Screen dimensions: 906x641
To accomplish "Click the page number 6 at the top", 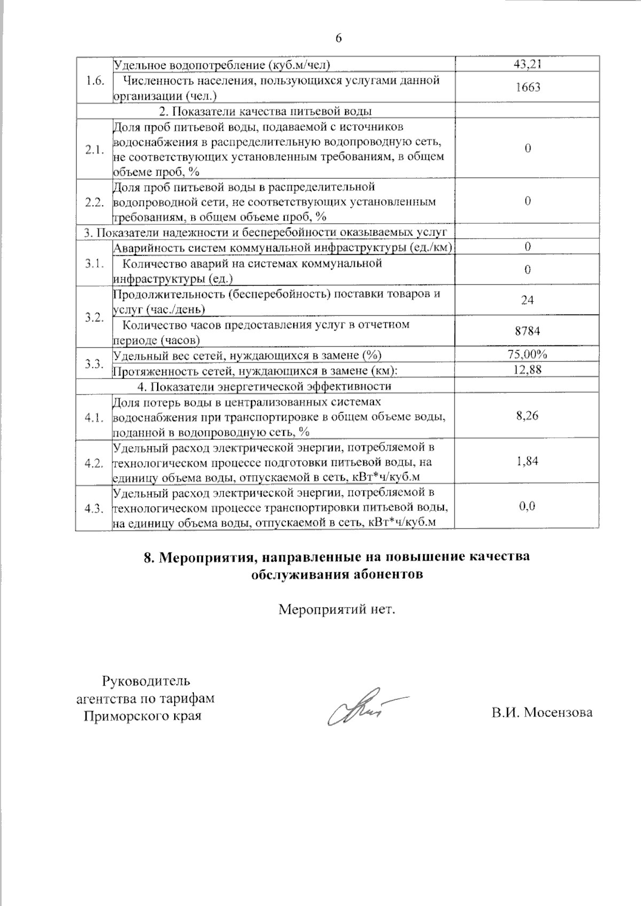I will tap(338, 38).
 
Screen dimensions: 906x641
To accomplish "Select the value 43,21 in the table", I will tap(527, 65).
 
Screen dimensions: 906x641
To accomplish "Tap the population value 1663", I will tap(527, 88).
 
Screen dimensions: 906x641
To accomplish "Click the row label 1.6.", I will tap(94, 80).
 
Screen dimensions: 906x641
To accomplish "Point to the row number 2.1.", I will tap(94, 149).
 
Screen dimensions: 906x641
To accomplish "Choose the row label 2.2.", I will tap(94, 202).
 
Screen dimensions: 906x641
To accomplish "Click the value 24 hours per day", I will tap(527, 301).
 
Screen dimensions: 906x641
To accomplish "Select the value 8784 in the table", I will tap(527, 331).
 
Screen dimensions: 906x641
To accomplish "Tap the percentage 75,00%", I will tap(527, 354).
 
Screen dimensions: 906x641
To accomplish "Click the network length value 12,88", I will tap(527, 369).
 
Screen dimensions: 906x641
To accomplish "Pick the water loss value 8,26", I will tap(527, 416).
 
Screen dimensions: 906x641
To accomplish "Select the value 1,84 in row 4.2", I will tap(527, 461).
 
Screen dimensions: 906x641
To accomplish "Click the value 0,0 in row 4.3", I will tap(527, 506).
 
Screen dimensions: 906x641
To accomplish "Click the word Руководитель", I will tap(145, 681).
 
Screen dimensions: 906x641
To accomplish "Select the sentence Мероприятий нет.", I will tap(337, 609).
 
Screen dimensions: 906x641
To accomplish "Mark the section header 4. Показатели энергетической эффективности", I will tap(264, 386).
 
